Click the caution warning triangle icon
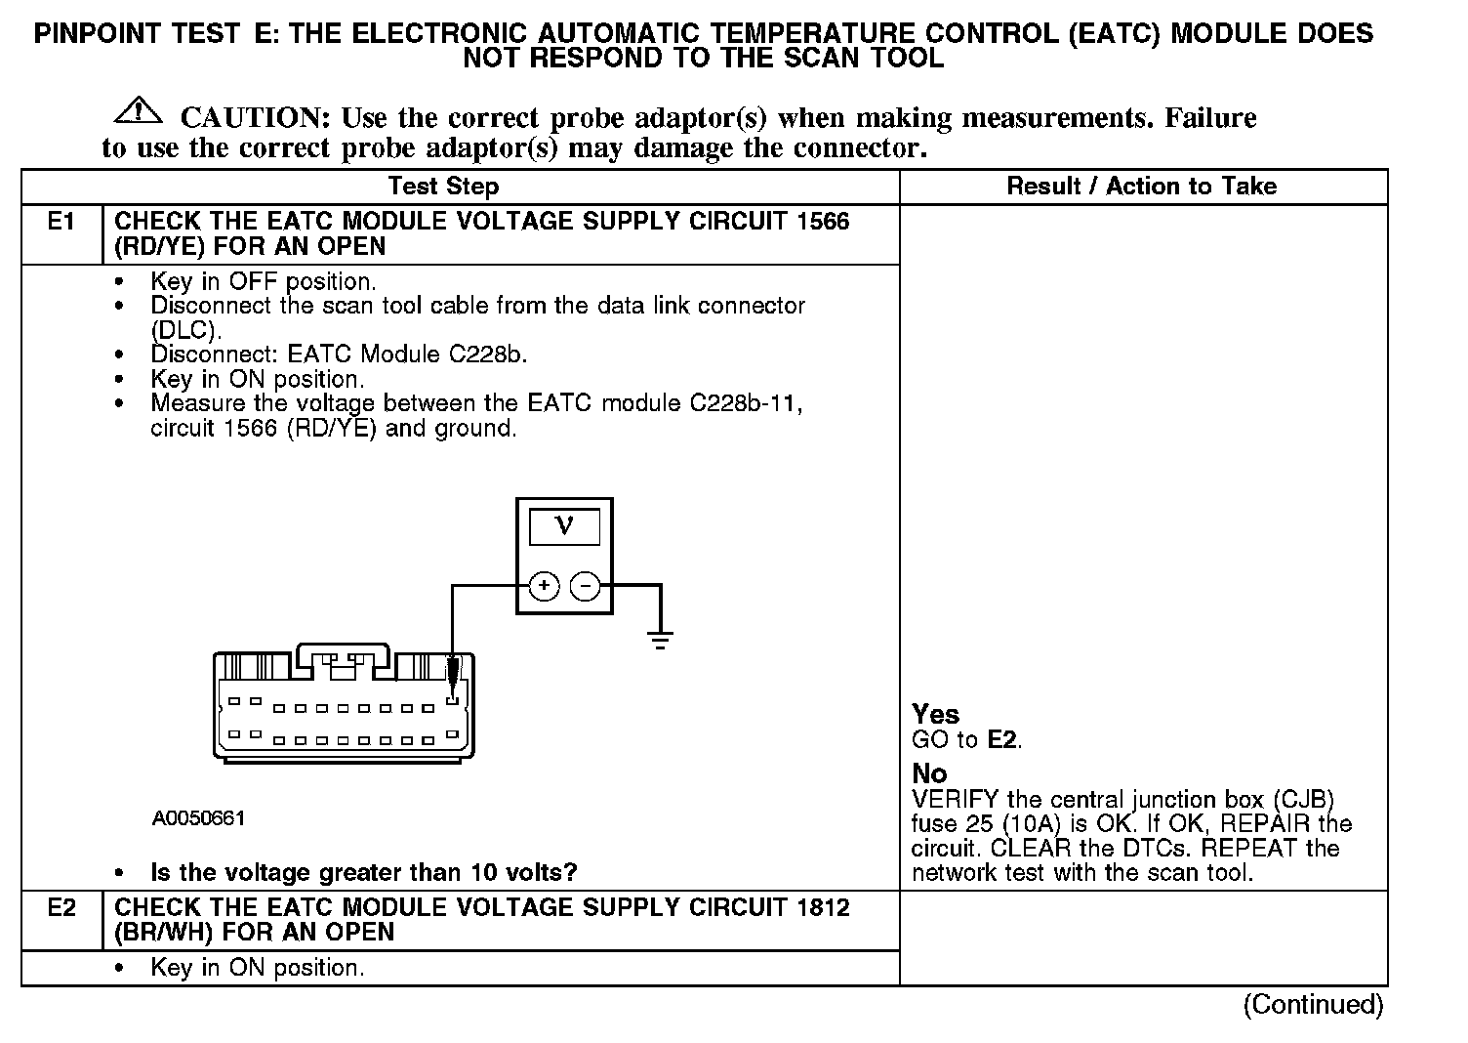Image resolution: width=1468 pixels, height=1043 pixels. (139, 110)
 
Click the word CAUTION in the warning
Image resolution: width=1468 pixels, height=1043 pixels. (255, 118)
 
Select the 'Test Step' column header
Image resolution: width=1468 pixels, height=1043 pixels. (443, 187)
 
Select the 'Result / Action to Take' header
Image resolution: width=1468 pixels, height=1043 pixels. (1141, 187)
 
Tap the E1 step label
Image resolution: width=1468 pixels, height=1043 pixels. (61, 222)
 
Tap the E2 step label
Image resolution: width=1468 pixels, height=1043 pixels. (61, 908)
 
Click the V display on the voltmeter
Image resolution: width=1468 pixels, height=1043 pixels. (564, 527)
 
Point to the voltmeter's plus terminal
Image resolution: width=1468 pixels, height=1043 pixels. (544, 586)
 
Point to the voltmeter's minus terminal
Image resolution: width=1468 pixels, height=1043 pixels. (585, 586)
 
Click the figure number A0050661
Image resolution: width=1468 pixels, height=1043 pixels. (198, 818)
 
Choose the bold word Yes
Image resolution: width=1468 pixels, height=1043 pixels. (935, 715)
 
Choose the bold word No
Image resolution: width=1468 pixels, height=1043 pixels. (929, 773)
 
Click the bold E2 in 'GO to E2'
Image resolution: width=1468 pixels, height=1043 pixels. (1002, 740)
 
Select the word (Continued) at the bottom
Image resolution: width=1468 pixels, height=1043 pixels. (1313, 1005)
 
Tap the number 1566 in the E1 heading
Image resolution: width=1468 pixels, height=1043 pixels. (823, 222)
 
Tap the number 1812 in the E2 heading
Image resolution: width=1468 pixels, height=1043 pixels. (823, 908)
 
